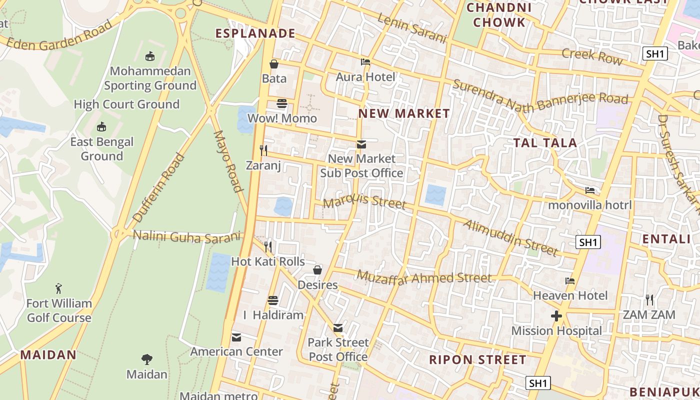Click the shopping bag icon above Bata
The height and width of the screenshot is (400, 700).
pyautogui.click(x=274, y=64)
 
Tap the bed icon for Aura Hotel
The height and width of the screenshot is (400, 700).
pyautogui.click(x=365, y=62)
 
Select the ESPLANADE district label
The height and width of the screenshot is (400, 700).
pyautogui.click(x=255, y=33)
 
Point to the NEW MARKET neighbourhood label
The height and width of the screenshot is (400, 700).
pyautogui.click(x=404, y=113)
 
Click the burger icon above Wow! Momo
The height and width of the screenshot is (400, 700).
pyautogui.click(x=282, y=103)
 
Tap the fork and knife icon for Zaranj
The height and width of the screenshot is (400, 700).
pyautogui.click(x=263, y=150)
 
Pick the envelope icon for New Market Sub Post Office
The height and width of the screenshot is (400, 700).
pyautogui.click(x=361, y=144)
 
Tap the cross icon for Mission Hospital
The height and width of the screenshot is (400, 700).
pyautogui.click(x=556, y=316)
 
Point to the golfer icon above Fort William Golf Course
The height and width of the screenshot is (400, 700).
pyautogui.click(x=59, y=288)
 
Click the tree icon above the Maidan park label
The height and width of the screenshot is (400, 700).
pyautogui.click(x=146, y=359)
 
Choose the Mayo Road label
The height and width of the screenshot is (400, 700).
pyautogui.click(x=228, y=161)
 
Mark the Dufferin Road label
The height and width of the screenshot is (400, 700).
pyautogui.click(x=159, y=187)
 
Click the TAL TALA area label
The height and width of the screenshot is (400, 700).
pyautogui.click(x=545, y=143)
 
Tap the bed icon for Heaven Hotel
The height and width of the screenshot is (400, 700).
pyautogui.click(x=569, y=280)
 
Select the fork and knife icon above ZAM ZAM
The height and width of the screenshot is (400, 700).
pyautogui.click(x=649, y=300)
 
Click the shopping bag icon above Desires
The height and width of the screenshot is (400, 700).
pyautogui.click(x=317, y=270)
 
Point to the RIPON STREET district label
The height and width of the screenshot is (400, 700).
pyautogui.click(x=477, y=360)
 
